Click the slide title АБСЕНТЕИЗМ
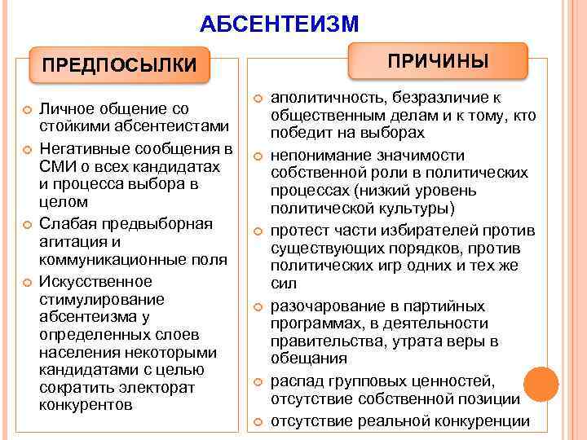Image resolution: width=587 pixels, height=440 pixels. [x=278, y=24]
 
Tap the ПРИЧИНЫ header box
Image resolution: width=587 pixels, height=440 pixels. [x=438, y=61]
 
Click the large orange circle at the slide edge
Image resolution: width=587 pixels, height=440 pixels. [x=540, y=384]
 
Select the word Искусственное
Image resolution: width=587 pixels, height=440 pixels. [x=95, y=281]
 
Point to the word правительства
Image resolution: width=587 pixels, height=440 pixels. [x=322, y=341]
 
